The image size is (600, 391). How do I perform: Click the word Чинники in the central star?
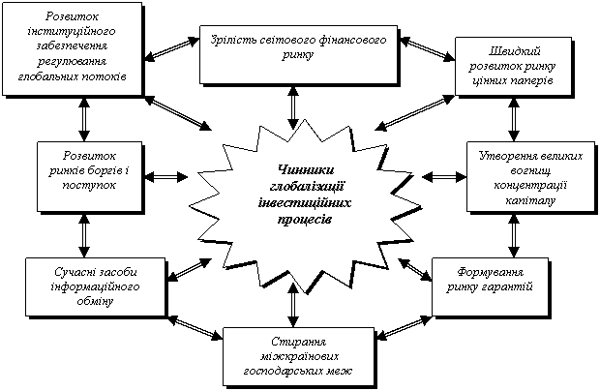(306, 169)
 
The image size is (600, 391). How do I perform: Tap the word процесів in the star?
(305, 220)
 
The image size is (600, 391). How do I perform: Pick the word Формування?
(491, 272)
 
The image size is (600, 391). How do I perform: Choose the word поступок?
(89, 185)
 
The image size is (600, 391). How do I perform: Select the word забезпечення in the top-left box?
(72, 45)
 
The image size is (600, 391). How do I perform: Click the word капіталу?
(530, 200)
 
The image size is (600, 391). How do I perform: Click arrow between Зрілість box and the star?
(293, 107)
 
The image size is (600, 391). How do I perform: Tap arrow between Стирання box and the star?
(293, 305)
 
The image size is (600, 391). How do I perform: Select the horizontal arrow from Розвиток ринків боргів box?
(166, 177)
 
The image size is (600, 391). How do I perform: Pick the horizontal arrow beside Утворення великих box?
(444, 177)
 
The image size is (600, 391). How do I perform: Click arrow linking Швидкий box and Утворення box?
(514, 120)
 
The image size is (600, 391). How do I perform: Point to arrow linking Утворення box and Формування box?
(514, 236)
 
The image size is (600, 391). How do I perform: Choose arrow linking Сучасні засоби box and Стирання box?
(195, 328)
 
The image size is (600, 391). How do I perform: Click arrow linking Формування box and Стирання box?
(405, 327)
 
